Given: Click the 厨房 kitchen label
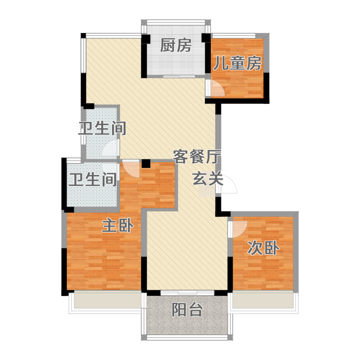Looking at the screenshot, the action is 175,45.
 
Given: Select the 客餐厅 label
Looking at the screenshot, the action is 197,157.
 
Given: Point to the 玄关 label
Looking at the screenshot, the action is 208,179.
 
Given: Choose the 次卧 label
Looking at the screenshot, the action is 263,248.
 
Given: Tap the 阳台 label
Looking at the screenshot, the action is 187,310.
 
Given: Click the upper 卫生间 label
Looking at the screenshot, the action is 102,128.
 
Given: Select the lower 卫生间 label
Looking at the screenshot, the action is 93,179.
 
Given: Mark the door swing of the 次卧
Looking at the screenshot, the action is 240,229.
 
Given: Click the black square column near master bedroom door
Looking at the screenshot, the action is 146,163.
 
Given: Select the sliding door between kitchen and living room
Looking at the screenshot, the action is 179,76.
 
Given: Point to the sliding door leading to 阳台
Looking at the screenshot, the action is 187,293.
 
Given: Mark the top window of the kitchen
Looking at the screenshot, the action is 175,22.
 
